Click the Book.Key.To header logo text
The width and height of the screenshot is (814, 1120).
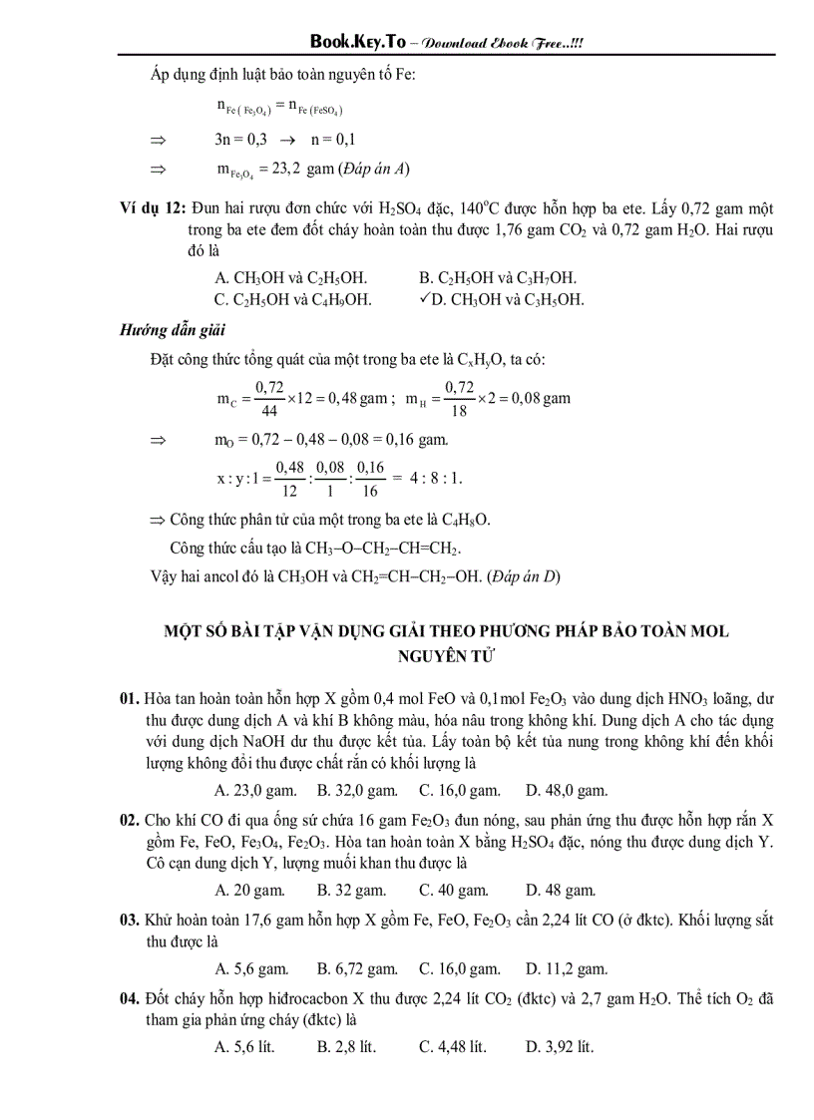[358, 41]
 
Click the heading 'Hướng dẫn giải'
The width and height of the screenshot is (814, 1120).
[173, 331]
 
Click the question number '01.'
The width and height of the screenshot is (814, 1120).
[130, 698]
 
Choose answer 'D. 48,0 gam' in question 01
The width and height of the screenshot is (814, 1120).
[567, 791]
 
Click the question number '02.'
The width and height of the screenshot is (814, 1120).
[130, 820]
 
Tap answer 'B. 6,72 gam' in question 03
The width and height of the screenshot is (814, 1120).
[357, 968]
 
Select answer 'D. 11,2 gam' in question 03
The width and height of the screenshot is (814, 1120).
[567, 968]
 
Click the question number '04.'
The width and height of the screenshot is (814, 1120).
[130, 997]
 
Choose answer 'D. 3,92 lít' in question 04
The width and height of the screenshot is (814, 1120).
[560, 1046]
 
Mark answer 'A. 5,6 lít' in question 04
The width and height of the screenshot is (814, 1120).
[245, 1046]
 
